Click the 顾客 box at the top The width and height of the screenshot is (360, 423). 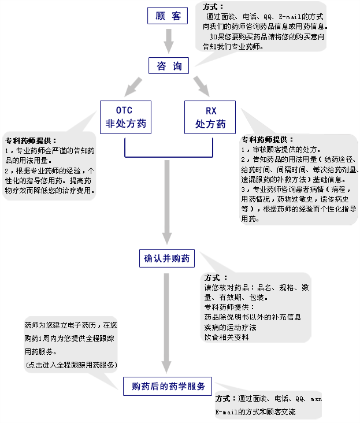(168, 16)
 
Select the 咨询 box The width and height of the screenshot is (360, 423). (168, 66)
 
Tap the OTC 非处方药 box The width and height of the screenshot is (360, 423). (125, 117)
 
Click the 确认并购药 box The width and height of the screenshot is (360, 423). (167, 258)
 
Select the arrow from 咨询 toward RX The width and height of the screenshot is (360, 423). (201, 86)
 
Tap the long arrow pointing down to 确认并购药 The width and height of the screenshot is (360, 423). (167, 202)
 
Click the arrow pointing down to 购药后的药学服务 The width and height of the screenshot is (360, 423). (167, 324)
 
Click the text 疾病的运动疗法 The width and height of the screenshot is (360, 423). (230, 326)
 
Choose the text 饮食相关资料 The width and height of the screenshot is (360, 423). (227, 336)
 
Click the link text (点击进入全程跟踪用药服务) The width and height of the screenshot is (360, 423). (71, 365)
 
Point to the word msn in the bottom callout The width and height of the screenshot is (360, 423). (316, 399)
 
